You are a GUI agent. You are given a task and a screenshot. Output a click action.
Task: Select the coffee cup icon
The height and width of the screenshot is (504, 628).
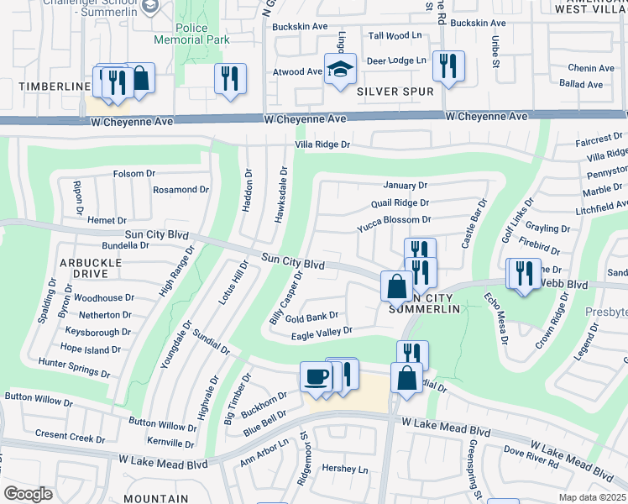click(x=316, y=377)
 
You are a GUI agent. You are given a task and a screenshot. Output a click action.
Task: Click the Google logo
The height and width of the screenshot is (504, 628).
click(x=28, y=494)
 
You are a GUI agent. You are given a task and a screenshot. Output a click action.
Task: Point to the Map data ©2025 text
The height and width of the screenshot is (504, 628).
click(x=592, y=497)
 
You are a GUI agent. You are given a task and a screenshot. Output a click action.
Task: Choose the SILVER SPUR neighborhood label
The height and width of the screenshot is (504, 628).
click(x=388, y=90)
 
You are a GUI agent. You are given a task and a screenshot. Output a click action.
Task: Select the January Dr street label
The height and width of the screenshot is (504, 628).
click(x=406, y=185)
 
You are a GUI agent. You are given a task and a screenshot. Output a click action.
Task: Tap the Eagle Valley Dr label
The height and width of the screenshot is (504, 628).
click(x=321, y=333)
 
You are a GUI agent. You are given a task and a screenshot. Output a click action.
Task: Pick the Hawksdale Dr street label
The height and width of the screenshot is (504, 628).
click(x=283, y=194)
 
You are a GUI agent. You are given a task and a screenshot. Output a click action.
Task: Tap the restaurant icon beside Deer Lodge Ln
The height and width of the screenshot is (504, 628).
click(x=448, y=66)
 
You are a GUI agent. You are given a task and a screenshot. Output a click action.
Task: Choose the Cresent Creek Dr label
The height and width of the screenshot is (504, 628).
click(x=71, y=434)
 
